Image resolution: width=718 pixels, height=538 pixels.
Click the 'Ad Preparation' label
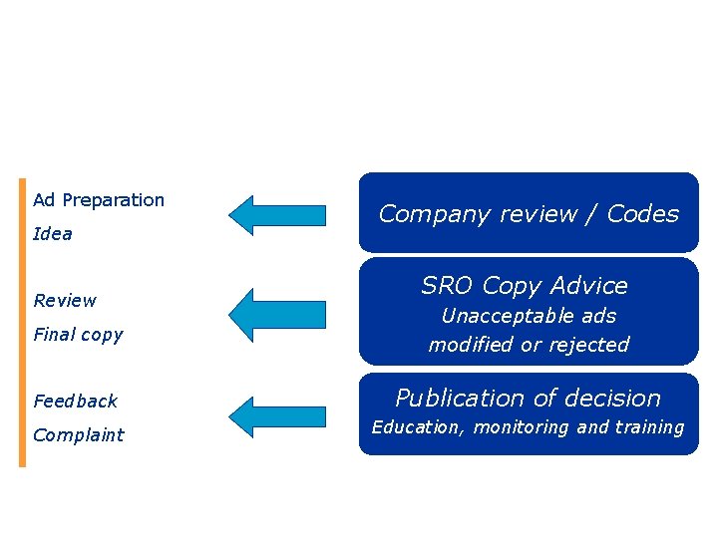[x=98, y=200]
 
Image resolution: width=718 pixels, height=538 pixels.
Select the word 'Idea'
[x=53, y=234]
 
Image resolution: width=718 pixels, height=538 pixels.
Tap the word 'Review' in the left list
[x=65, y=301]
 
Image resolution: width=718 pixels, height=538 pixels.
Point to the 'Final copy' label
[x=78, y=335]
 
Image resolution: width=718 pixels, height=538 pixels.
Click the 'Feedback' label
[x=75, y=402]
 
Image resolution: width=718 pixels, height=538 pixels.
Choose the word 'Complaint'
[x=78, y=435]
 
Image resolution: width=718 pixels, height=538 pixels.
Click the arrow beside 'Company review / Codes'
[x=277, y=214]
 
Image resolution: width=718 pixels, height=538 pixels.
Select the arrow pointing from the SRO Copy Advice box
[x=277, y=308]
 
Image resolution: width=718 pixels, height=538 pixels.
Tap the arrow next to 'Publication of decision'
[x=277, y=415]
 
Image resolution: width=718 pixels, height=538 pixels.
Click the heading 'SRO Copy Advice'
[x=525, y=286]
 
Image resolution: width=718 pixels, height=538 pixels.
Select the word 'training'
[x=649, y=427]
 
